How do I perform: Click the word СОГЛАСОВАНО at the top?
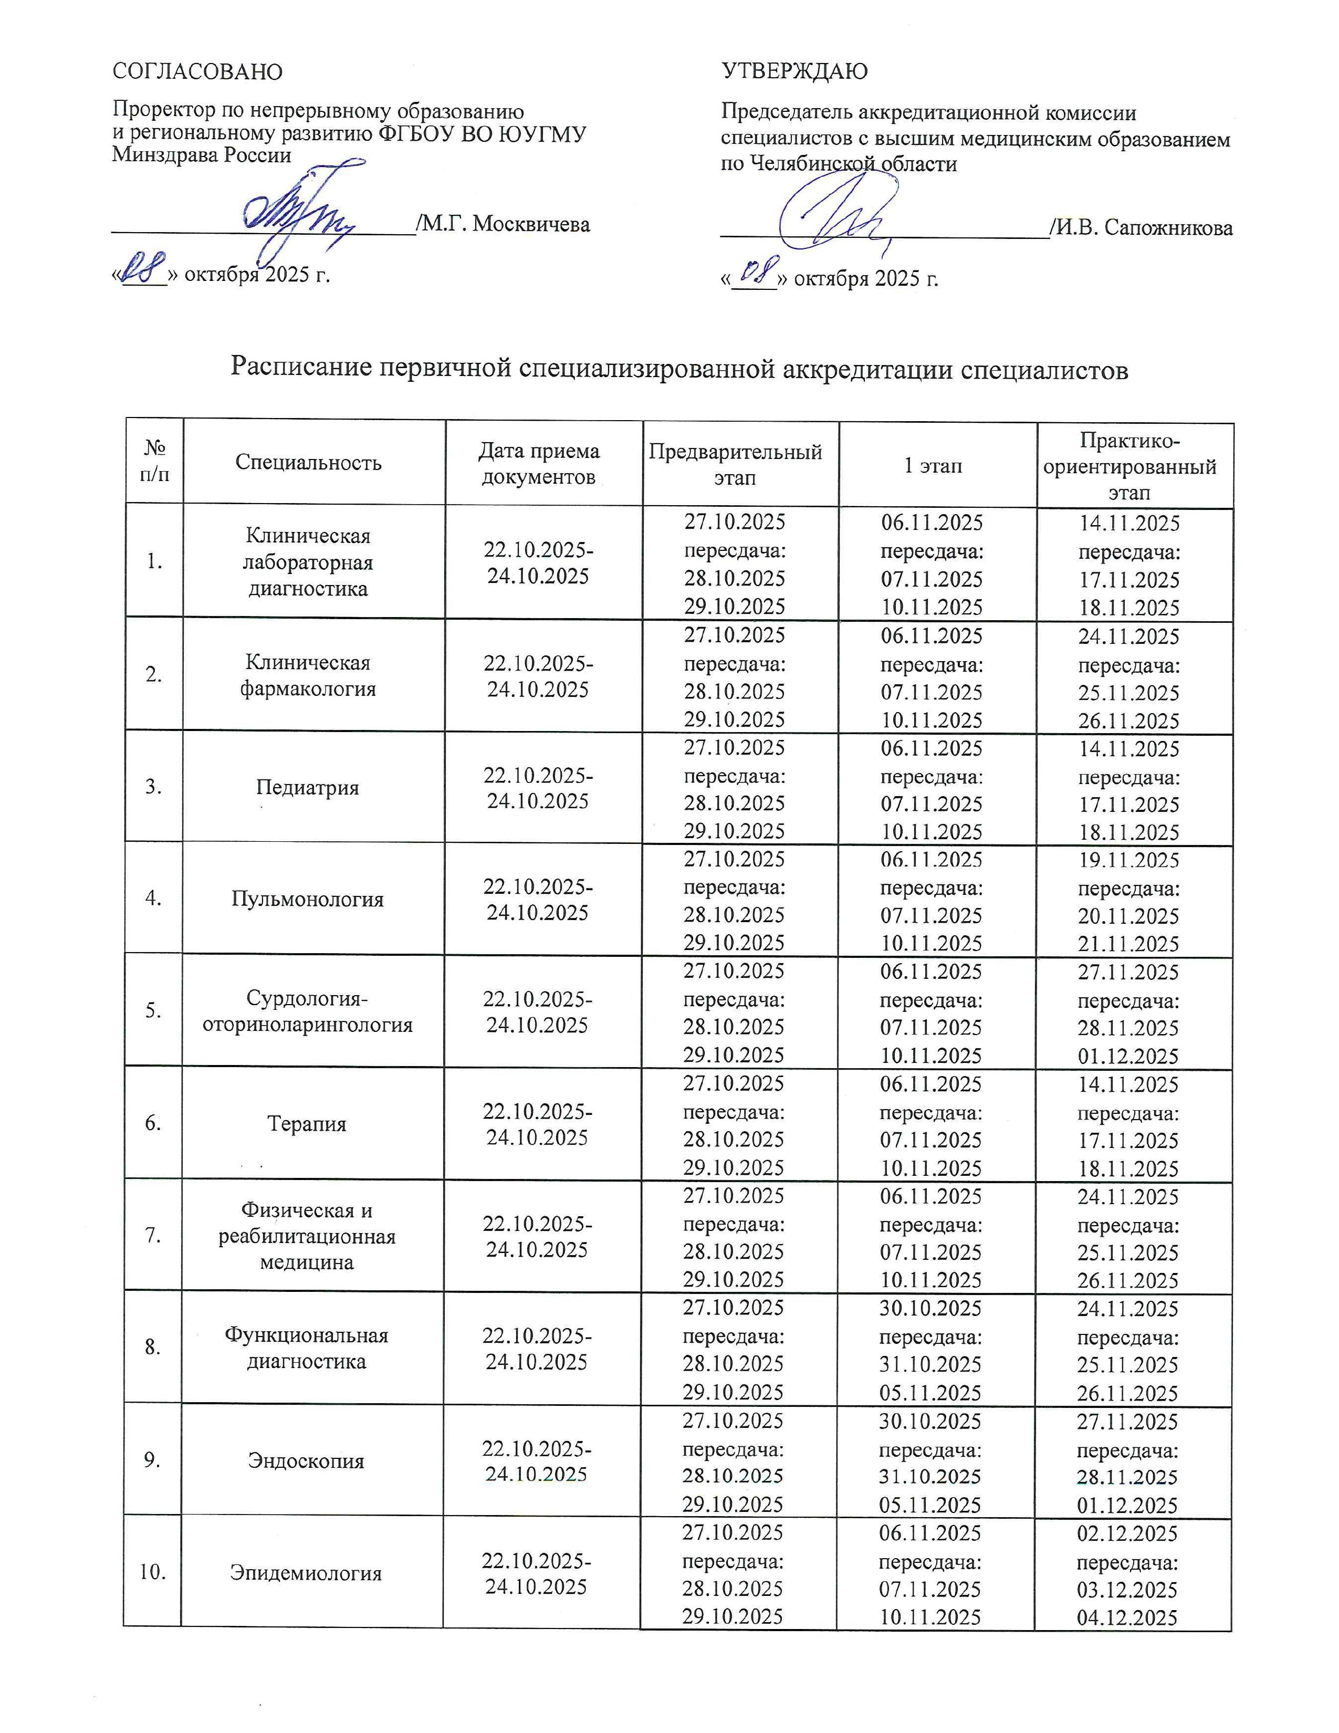point(197,71)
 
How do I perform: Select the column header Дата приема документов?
point(539,463)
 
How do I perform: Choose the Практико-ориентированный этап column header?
point(1129,466)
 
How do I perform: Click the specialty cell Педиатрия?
point(307,787)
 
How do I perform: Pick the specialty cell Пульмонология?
point(307,899)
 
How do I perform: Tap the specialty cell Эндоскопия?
point(306,1461)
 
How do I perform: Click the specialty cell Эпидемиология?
point(306,1573)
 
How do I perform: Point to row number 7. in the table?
point(153,1236)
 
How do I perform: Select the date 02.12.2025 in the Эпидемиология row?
point(1127,1534)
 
